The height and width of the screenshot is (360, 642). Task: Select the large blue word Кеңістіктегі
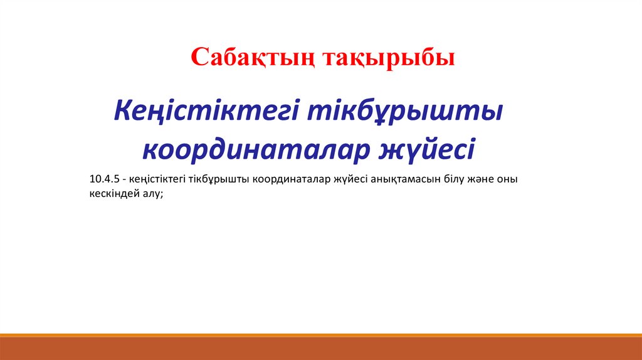click(x=206, y=111)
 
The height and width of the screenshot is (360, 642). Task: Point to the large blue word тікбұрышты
click(x=405, y=111)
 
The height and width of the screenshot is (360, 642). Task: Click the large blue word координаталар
click(x=256, y=149)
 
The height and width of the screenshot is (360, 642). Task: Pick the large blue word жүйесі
click(x=426, y=149)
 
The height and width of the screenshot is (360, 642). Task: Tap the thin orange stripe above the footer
click(x=321, y=336)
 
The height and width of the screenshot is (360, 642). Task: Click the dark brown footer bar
click(x=321, y=349)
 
